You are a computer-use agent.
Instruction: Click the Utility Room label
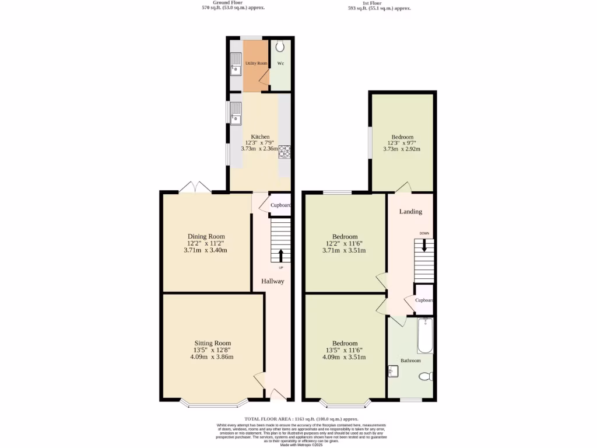pos(256,62)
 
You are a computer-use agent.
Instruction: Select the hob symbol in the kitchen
pos(285,151)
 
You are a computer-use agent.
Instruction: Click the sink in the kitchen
pos(236,114)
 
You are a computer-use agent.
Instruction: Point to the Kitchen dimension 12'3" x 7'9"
pos(260,142)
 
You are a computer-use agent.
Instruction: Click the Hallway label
pos(272,281)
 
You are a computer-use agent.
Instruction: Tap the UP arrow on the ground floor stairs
pos(281,256)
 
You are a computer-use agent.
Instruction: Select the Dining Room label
pos(206,236)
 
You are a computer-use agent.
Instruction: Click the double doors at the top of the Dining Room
pos(195,187)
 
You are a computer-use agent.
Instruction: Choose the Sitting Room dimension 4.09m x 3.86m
pos(212,357)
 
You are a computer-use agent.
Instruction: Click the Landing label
pos(410,211)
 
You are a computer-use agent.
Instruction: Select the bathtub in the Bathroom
pos(425,336)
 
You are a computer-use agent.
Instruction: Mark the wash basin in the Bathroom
pos(393,370)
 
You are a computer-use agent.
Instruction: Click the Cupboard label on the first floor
pos(424,300)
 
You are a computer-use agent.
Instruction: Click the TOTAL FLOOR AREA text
pos(301,419)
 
